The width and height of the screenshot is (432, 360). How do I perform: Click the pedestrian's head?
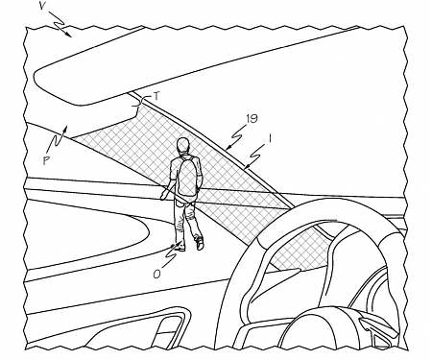pyautogui.click(x=182, y=144)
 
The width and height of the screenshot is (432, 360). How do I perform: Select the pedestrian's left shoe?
pyautogui.click(x=179, y=247)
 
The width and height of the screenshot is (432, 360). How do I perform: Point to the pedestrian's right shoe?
pyautogui.click(x=200, y=244)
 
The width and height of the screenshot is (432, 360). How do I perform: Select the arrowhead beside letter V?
pyautogui.click(x=70, y=36)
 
